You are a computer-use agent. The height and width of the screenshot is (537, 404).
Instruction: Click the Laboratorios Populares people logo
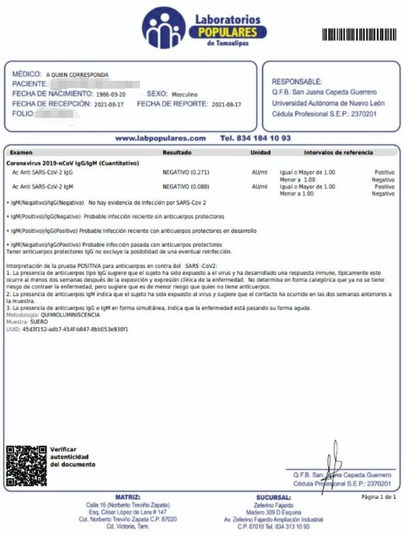(163, 28)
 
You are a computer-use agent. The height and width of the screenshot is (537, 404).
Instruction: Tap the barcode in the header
(359, 35)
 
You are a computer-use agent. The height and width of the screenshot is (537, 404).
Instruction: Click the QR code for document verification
(26, 466)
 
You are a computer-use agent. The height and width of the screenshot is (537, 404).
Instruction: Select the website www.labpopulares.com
(160, 138)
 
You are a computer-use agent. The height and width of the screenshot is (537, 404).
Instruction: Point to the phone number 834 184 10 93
(255, 138)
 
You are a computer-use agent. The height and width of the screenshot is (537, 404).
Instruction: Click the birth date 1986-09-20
(111, 94)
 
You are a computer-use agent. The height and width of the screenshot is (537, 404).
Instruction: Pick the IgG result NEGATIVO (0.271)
(186, 172)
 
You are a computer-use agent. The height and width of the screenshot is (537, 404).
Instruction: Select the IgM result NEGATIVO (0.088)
(186, 187)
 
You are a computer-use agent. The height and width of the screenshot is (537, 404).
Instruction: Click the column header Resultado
(177, 153)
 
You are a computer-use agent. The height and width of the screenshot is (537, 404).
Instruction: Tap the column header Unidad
(260, 153)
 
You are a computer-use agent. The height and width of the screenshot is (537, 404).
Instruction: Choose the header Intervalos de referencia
(338, 153)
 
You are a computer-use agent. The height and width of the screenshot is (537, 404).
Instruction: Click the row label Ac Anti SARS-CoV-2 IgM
(43, 187)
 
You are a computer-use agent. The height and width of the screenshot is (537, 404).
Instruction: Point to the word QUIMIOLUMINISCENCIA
(70, 315)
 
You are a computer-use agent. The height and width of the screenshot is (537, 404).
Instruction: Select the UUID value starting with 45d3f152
(75, 330)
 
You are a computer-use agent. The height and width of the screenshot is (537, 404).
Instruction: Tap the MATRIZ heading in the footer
(128, 497)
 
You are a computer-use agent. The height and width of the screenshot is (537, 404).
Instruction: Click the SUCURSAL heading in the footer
(273, 498)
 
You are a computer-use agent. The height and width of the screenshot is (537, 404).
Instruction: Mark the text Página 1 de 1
(378, 497)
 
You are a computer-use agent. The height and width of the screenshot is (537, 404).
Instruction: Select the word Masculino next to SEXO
(184, 94)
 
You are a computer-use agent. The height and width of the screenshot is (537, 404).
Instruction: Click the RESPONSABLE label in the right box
(296, 82)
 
